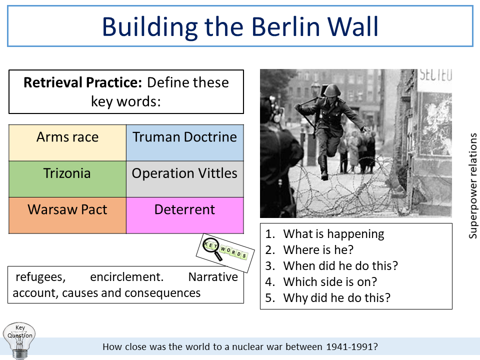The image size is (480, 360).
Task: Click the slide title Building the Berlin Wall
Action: [x=240, y=26]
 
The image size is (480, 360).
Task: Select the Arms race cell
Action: [x=67, y=137]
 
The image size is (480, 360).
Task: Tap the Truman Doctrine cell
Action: [x=184, y=137]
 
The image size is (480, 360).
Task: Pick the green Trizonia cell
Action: [x=67, y=174]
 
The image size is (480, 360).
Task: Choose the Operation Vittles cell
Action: [x=184, y=174]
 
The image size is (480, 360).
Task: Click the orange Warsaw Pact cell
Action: [x=67, y=210]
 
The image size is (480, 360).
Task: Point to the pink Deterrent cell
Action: [x=184, y=210]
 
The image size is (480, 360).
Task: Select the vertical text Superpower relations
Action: [x=473, y=185]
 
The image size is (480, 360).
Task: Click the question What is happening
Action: [x=333, y=234]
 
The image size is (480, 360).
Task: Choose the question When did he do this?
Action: [x=340, y=266]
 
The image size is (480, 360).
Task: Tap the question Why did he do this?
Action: [x=336, y=298]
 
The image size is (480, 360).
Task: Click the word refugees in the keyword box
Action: [x=40, y=277]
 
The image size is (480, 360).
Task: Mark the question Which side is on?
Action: [x=330, y=282]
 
